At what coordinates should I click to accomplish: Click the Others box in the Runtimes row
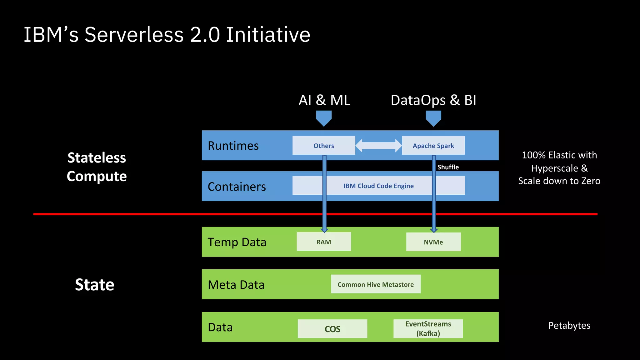324,145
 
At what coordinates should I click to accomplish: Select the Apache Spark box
433,145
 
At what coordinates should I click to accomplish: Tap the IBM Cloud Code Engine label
378,186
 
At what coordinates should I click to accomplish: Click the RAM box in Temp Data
324,242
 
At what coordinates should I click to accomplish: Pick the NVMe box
433,242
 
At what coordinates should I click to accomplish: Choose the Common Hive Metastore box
376,284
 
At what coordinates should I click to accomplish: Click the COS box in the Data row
332,329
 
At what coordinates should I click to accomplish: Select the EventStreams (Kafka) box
428,329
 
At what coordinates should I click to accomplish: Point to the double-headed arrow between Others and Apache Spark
378,146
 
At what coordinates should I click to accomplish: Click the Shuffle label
448,167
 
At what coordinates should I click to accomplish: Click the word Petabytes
569,325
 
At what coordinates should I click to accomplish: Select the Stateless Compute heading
97,167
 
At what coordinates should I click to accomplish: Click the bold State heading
94,285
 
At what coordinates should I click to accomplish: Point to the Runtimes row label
233,146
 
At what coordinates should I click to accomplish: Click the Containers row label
237,187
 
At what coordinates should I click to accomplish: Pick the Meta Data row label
236,285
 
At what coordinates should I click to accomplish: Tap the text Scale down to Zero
559,181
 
